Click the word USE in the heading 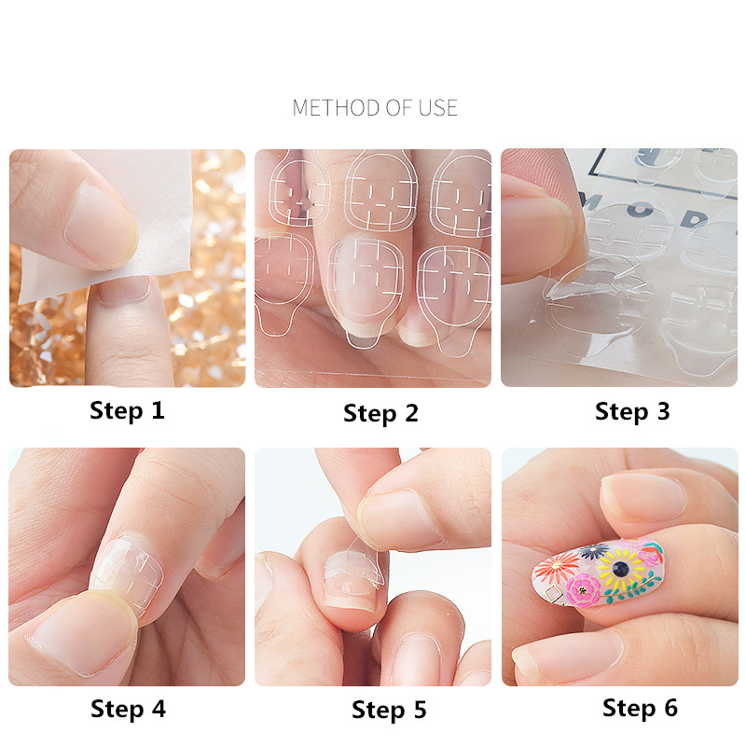(x=437, y=108)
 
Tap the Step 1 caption (x=127, y=410)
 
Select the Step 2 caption (x=380, y=413)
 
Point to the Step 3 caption (x=632, y=411)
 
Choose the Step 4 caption (x=128, y=709)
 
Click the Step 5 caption (x=389, y=711)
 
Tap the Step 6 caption (x=640, y=708)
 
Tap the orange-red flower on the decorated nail (x=559, y=566)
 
